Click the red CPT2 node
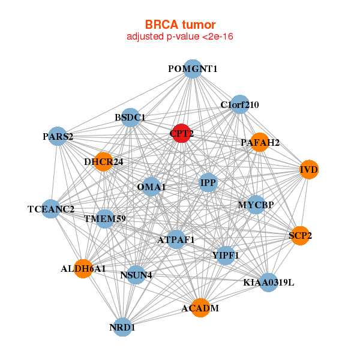click(x=181, y=133)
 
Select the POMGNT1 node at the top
click(x=192, y=68)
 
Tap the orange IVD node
click(x=309, y=170)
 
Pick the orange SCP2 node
click(x=300, y=236)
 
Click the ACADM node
click(x=200, y=308)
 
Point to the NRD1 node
click(x=122, y=327)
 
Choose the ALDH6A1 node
click(x=84, y=268)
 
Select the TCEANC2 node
click(x=52, y=209)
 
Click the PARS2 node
click(x=57, y=136)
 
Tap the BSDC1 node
click(x=130, y=118)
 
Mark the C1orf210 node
click(x=239, y=104)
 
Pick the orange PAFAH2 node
click(x=260, y=142)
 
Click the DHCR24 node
click(x=103, y=161)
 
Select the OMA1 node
click(x=152, y=187)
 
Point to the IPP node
click(x=208, y=182)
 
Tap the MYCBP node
click(x=256, y=205)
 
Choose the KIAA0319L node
click(x=268, y=282)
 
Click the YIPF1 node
click(x=226, y=255)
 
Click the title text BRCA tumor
click(x=180, y=25)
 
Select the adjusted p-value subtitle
click(x=180, y=37)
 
